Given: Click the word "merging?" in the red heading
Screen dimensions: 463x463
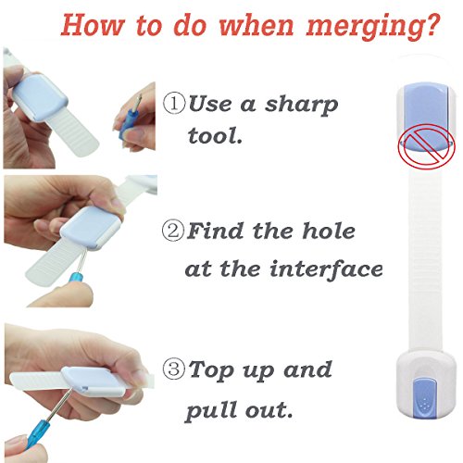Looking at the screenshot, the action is [373, 27].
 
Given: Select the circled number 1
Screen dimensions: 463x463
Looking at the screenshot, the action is [174, 104].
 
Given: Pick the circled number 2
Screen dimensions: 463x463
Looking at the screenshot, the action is [174, 231].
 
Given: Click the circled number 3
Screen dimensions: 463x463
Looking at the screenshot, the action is [174, 369].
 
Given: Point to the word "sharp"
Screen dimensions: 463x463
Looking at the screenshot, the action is [301, 106].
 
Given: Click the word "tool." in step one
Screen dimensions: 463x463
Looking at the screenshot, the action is [215, 135].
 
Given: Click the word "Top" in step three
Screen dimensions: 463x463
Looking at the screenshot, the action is [211, 371].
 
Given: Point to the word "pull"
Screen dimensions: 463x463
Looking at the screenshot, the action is [211, 410].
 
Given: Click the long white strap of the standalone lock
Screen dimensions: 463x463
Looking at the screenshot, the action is [426, 261].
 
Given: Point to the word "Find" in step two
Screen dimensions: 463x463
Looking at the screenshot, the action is [215, 231].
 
